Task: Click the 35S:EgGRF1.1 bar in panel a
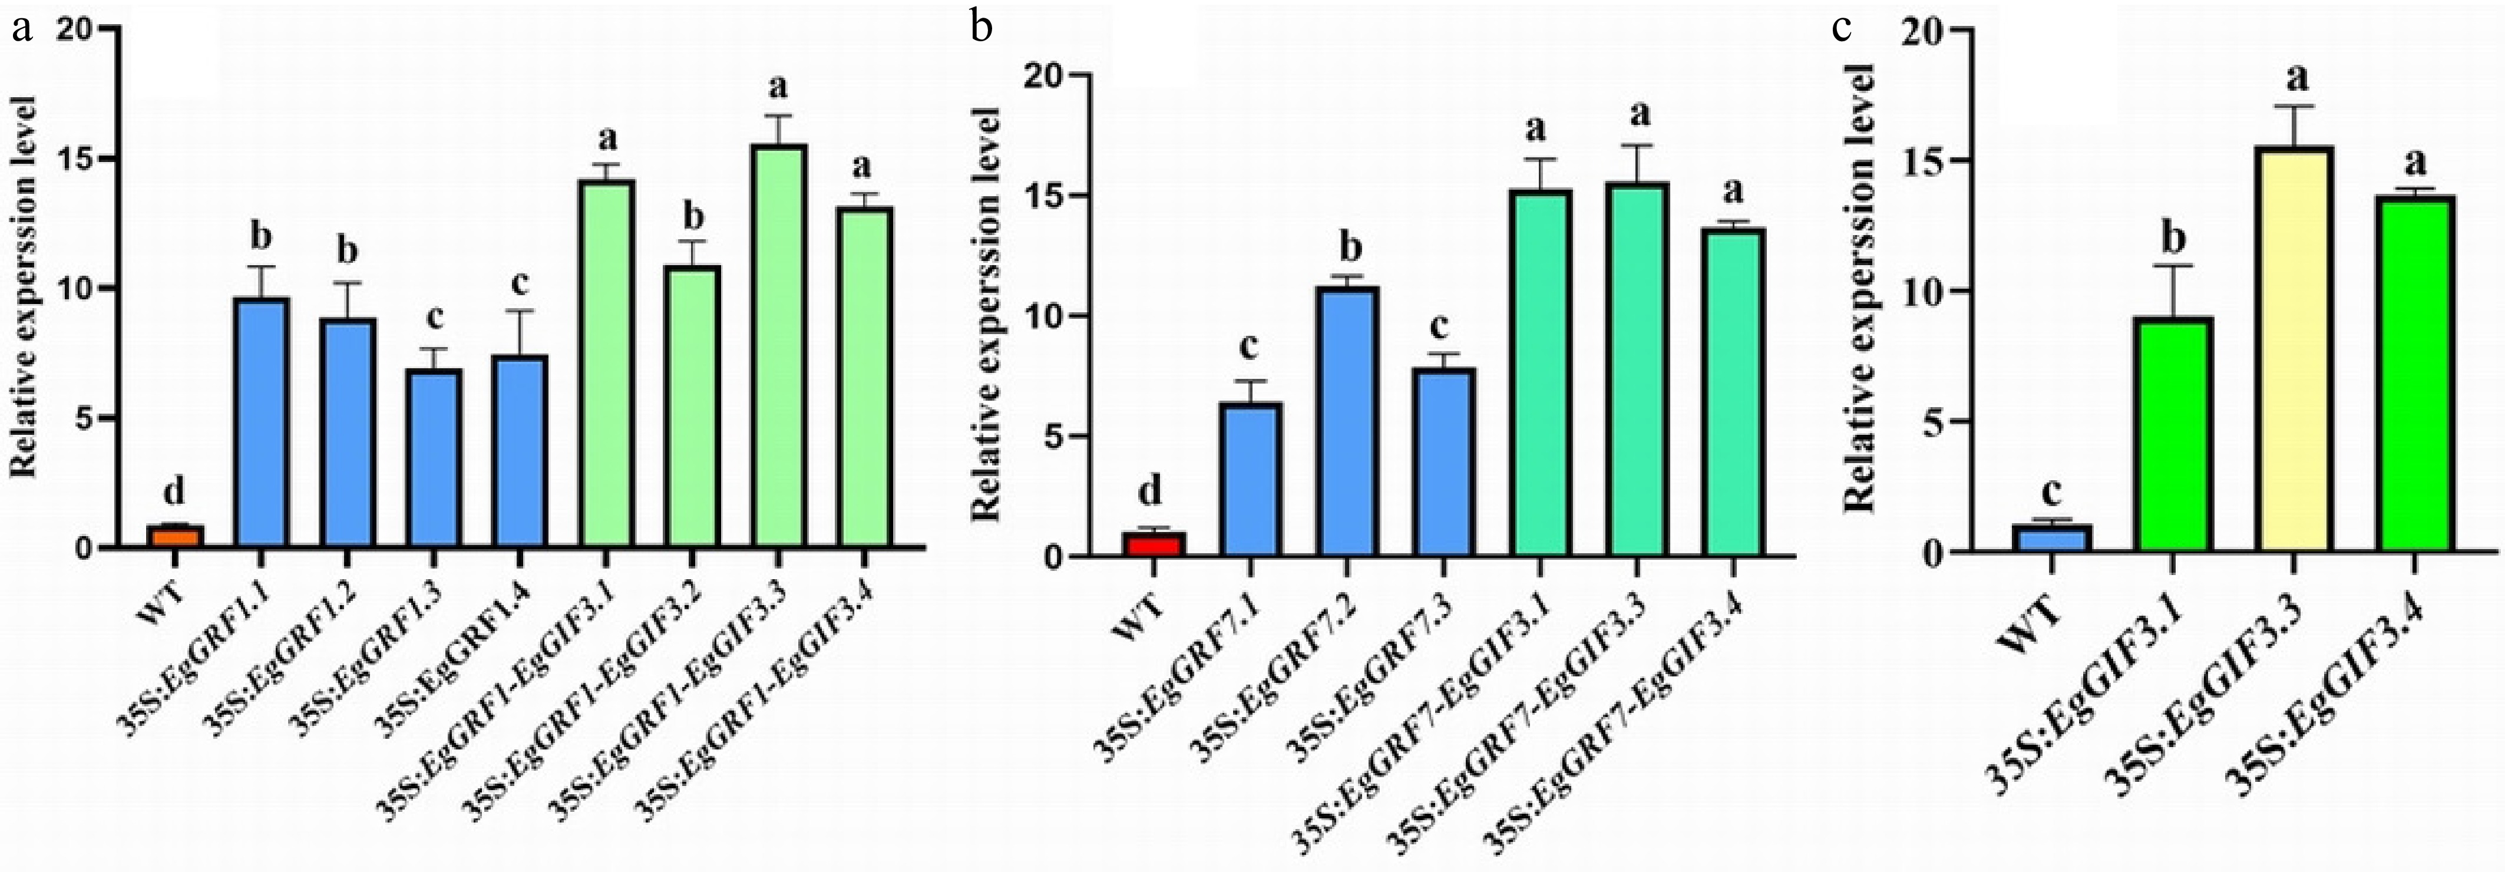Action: [x=260, y=423]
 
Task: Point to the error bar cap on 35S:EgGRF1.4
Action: [x=518, y=311]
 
